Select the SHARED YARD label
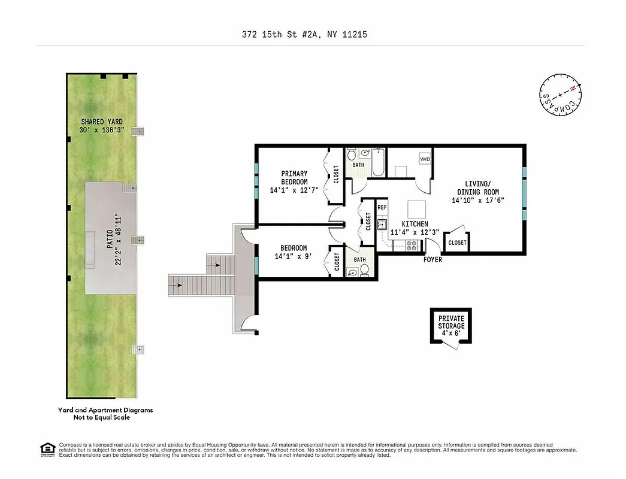click(102, 126)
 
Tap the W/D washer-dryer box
click(425, 159)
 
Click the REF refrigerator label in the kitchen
click(382, 208)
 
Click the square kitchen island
click(417, 210)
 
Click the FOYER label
click(433, 260)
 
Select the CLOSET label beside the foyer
click(457, 242)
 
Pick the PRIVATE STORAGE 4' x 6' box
click(451, 325)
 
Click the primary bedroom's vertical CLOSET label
click(335, 175)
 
